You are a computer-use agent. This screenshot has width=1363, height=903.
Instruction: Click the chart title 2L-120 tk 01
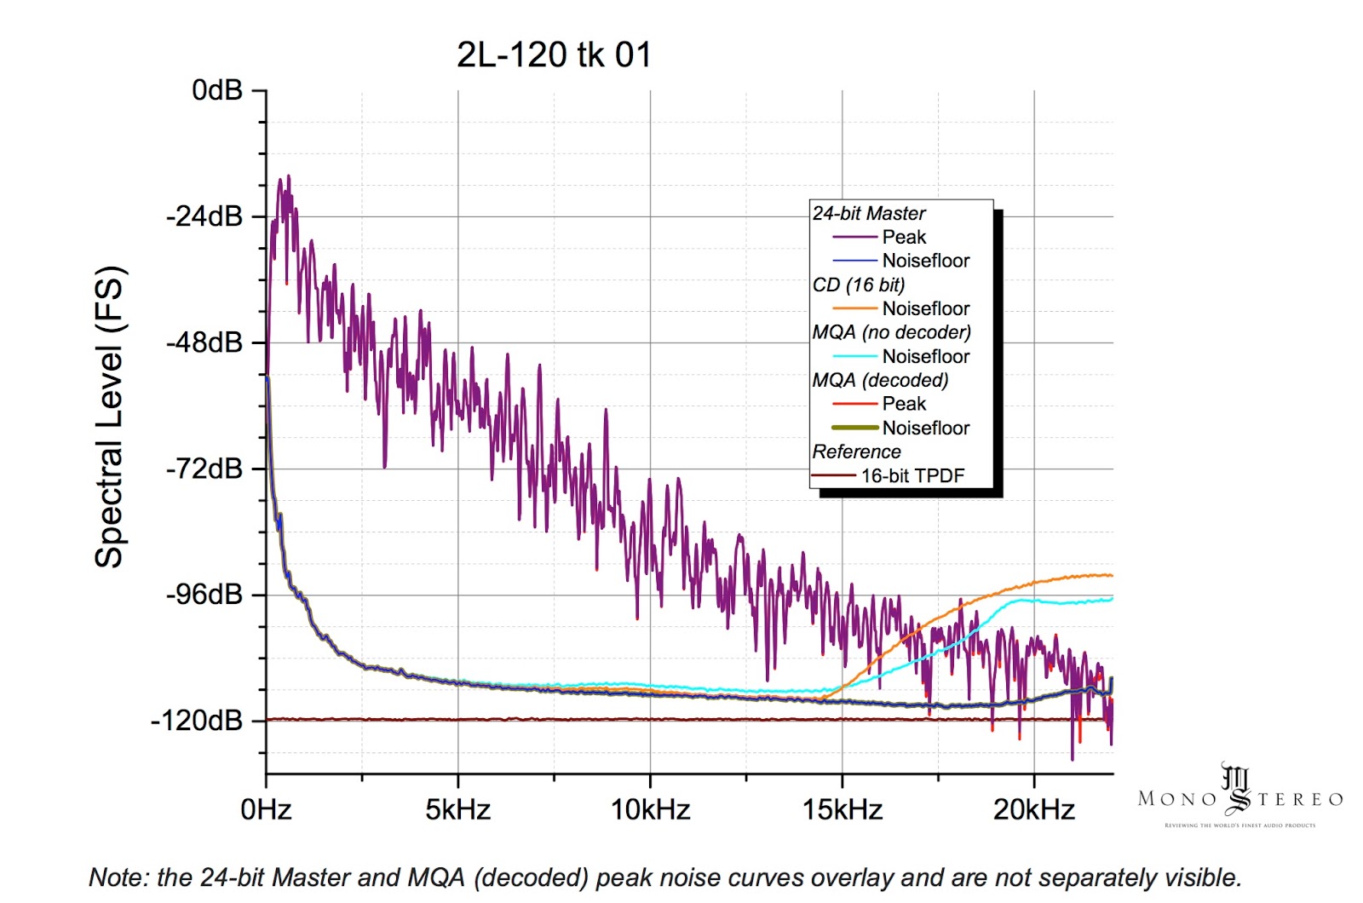point(554,55)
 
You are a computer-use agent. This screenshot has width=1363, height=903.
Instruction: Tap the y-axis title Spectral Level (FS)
point(109,417)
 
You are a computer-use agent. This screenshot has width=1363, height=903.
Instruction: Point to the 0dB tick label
point(217,90)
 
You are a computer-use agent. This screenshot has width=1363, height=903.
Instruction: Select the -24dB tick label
point(204,216)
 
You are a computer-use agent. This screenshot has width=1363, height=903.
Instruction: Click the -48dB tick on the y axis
point(204,342)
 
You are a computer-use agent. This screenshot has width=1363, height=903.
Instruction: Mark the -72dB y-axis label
point(204,469)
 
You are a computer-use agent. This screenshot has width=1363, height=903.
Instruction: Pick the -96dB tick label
point(204,595)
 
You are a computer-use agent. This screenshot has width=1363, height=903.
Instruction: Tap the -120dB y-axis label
point(198,721)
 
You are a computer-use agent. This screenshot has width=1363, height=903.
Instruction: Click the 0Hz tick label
point(266,809)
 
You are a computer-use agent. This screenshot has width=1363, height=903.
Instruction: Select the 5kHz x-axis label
point(458,809)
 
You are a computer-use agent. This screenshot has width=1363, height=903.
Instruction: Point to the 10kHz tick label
point(650,809)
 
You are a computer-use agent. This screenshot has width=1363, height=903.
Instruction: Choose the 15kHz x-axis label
point(843,809)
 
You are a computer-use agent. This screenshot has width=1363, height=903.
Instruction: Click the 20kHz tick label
point(1034,809)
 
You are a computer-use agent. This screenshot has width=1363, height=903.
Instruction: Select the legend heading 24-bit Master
point(869,214)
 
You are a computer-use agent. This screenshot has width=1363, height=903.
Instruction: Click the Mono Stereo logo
point(1239,797)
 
